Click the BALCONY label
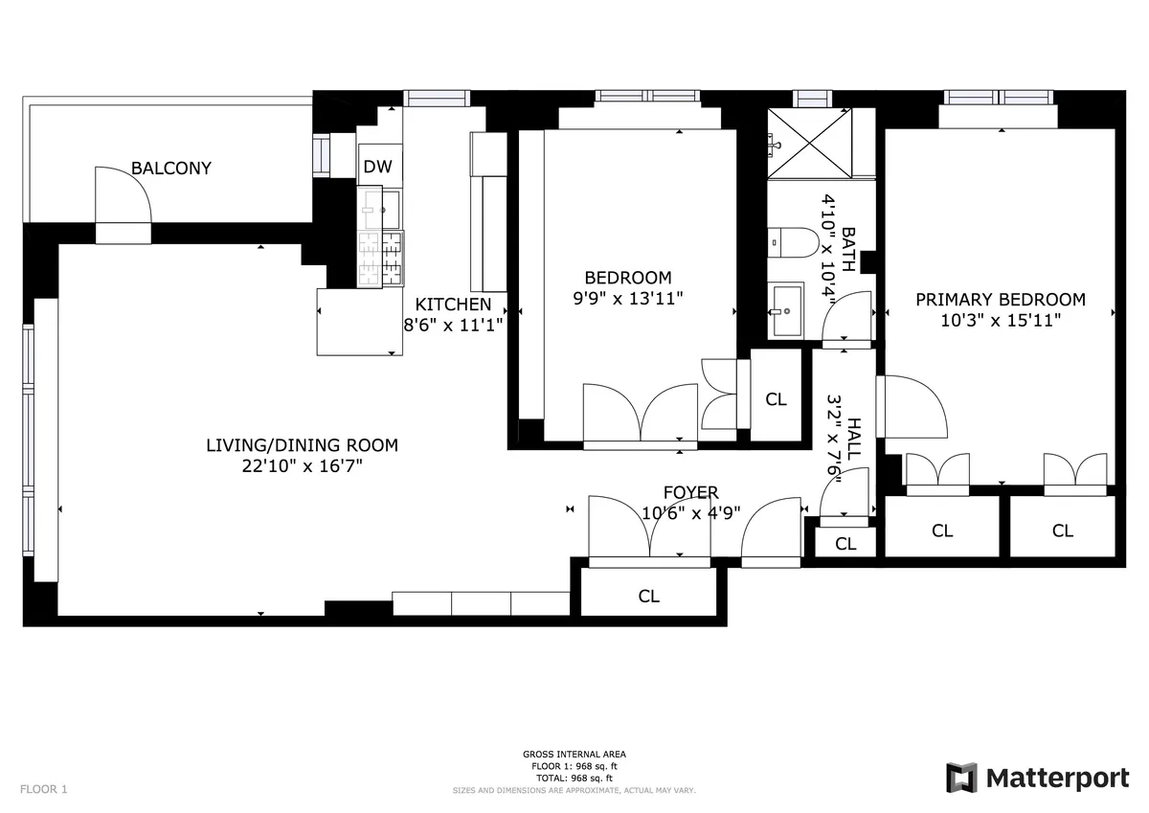point(171,169)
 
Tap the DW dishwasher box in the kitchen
point(378,166)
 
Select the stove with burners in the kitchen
point(380,259)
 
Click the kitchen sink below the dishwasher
point(380,205)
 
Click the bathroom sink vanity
point(786,310)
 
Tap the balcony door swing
point(122,196)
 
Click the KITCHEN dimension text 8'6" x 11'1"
point(453,324)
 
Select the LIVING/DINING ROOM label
point(302,445)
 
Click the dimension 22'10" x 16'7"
point(302,466)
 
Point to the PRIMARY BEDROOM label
point(1001,299)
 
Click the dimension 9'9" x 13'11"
point(627,298)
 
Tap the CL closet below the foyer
point(649,596)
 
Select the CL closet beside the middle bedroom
point(776,399)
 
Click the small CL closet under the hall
point(845,544)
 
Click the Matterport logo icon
point(961,778)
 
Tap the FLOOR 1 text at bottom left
point(44,789)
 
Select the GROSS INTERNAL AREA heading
point(574,755)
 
